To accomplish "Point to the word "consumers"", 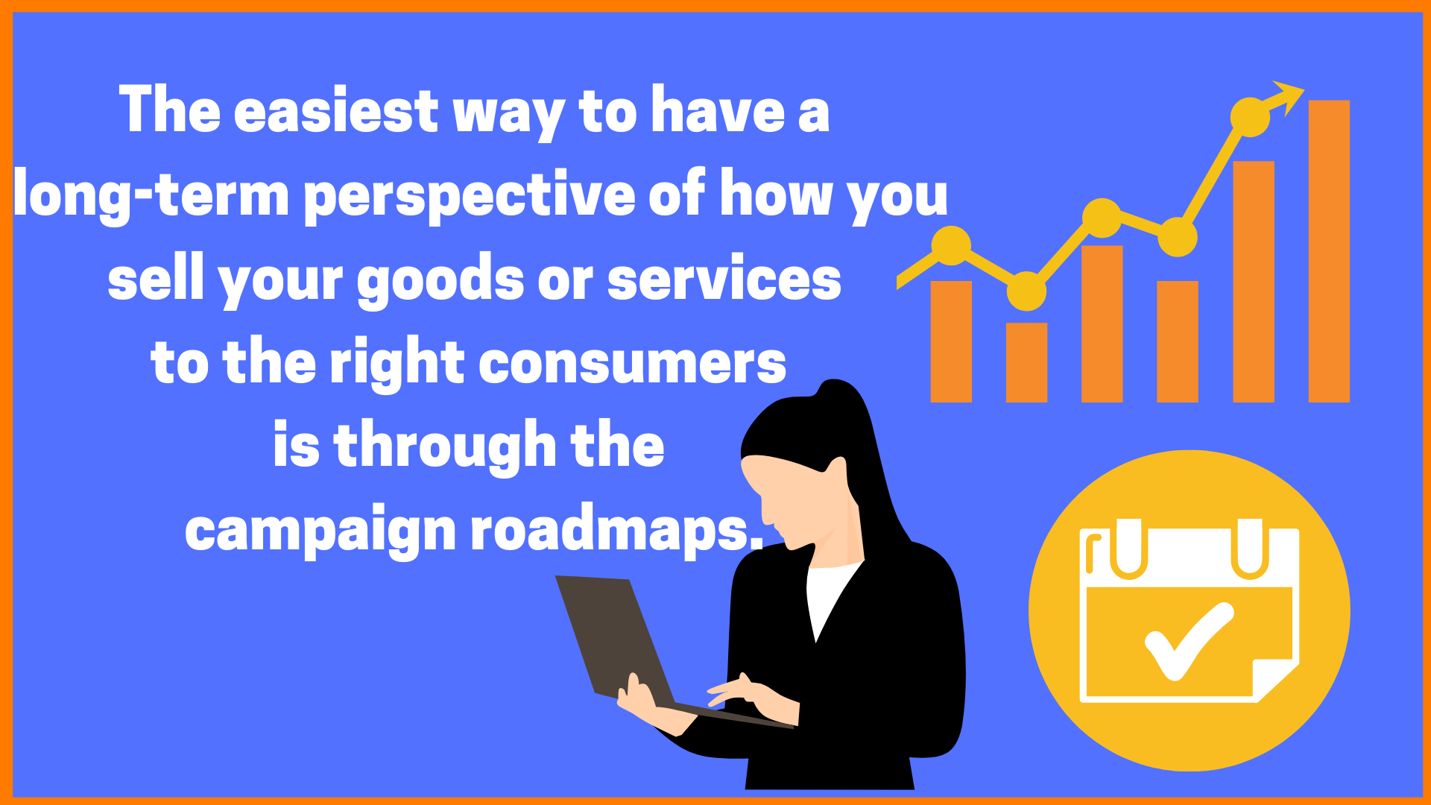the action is pyautogui.click(x=631, y=363).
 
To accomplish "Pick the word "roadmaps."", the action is pyautogui.click(x=617, y=529).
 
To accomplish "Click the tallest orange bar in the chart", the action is pyautogui.click(x=1329, y=251).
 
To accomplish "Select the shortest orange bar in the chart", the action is pyautogui.click(x=1026, y=362).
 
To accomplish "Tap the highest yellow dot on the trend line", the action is pyautogui.click(x=1250, y=117).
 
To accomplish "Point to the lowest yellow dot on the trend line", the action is pyautogui.click(x=1026, y=291).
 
